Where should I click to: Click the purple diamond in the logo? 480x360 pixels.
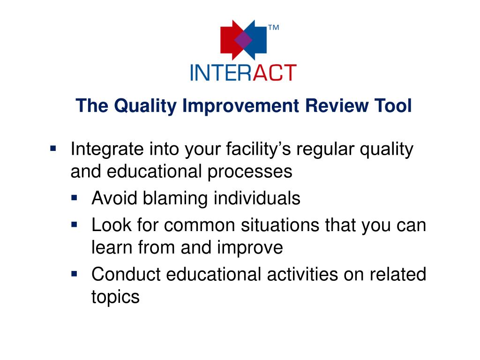(243, 40)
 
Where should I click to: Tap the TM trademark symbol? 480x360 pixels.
(274, 28)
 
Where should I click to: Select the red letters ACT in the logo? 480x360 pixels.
(274, 73)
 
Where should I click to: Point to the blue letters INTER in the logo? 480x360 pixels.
(221, 73)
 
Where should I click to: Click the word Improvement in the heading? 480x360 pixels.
(240, 106)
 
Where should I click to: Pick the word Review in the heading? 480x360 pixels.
(337, 105)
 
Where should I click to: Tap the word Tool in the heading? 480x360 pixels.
(393, 105)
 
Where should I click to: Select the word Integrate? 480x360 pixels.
(107, 150)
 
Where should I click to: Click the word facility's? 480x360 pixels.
(258, 150)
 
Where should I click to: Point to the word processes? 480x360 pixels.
(250, 172)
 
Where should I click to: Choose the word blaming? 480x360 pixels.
(175, 198)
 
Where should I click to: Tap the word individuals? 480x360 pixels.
(257, 198)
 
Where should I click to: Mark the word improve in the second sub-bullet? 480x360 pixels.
(250, 248)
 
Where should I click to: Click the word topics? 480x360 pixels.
(115, 297)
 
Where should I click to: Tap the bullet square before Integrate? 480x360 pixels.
(53, 149)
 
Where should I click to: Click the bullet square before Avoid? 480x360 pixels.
(74, 198)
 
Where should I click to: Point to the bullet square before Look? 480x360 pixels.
(74, 225)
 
